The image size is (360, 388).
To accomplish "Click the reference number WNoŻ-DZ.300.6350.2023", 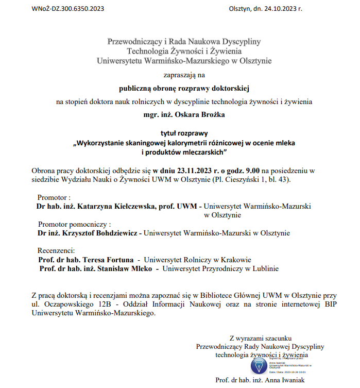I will point(68,9).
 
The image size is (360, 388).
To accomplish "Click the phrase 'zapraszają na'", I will point(184,74).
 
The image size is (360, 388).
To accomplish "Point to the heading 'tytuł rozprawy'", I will point(183,133).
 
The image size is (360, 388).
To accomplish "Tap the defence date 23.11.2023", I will point(195,170).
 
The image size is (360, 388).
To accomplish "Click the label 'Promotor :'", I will point(54,197).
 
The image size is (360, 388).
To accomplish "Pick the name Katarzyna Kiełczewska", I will point(115,206).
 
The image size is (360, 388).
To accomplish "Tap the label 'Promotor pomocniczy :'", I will point(75,224).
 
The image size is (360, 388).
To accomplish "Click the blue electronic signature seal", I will point(259,365).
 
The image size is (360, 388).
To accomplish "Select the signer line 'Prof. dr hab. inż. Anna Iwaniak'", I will point(260,381).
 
